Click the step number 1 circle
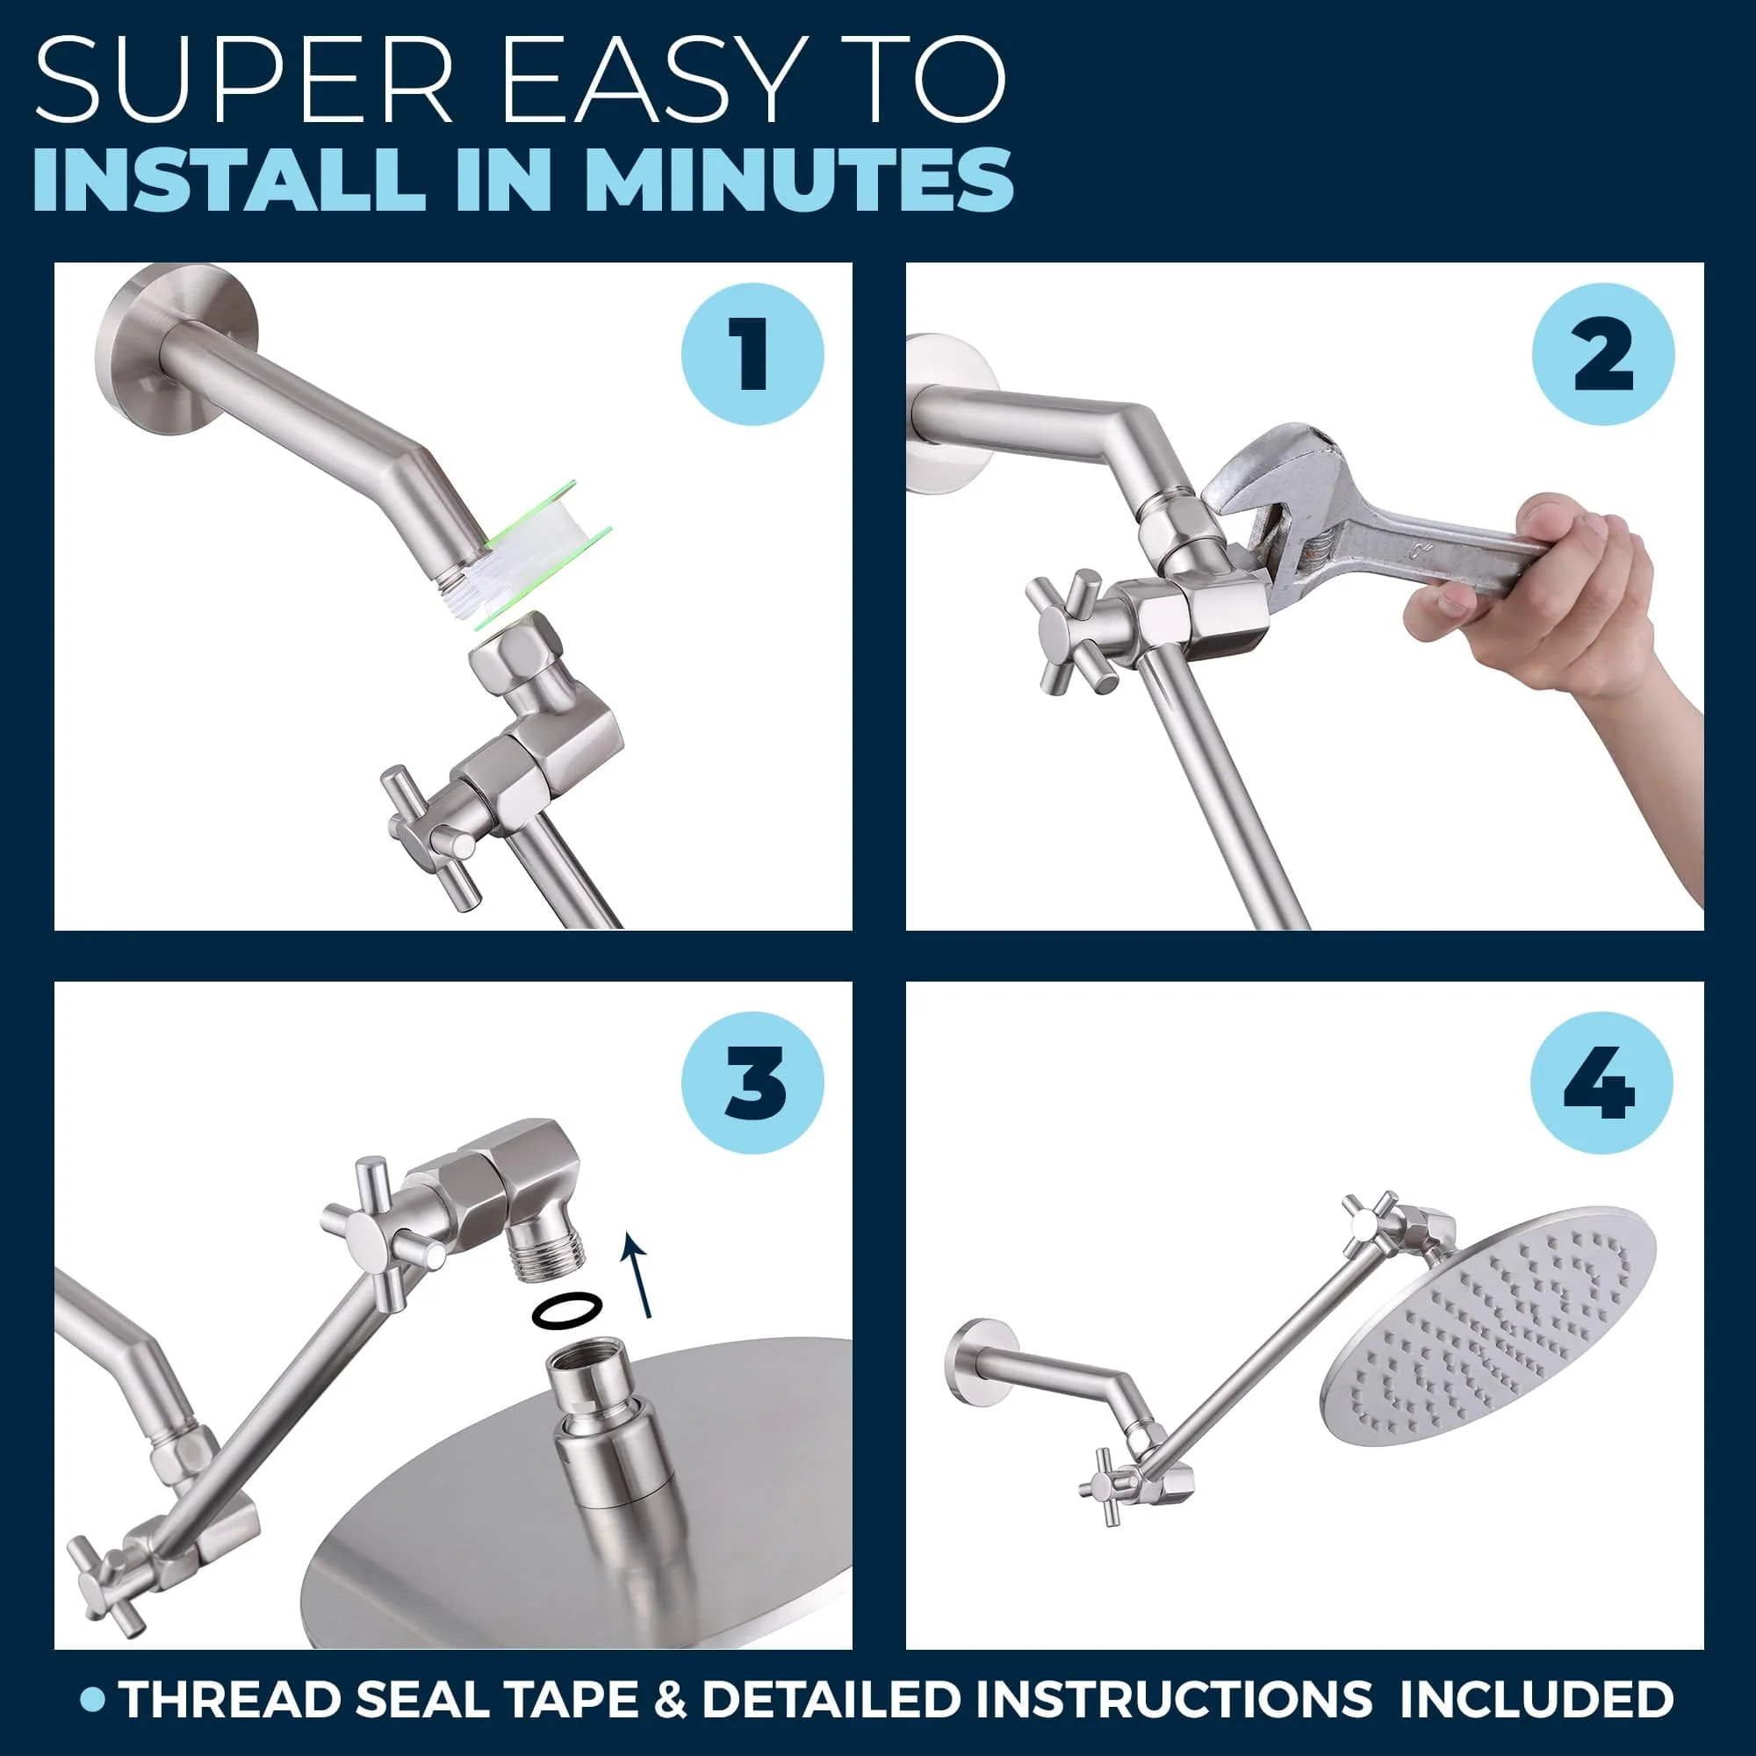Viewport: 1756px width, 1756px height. point(752,354)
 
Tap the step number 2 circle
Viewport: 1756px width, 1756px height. point(1603,354)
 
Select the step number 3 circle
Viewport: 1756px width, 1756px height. point(752,1083)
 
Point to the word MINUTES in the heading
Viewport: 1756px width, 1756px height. point(799,179)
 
